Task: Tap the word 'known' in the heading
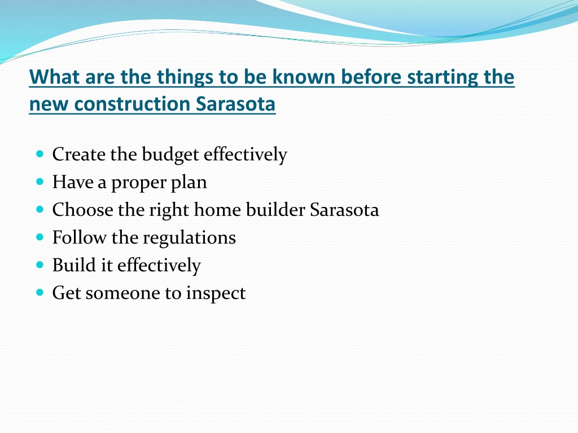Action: (x=303, y=77)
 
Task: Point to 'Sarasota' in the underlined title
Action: (x=235, y=104)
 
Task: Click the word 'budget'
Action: (x=170, y=155)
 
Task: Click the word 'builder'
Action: (x=275, y=210)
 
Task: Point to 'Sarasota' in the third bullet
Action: (x=344, y=210)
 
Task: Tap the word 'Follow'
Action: (x=79, y=237)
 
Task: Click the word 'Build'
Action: (x=74, y=265)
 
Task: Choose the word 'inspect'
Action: (x=216, y=294)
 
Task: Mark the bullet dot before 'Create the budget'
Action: (x=40, y=153)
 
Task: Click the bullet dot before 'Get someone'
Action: (x=40, y=293)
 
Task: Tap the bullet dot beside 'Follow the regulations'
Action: (x=40, y=237)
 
